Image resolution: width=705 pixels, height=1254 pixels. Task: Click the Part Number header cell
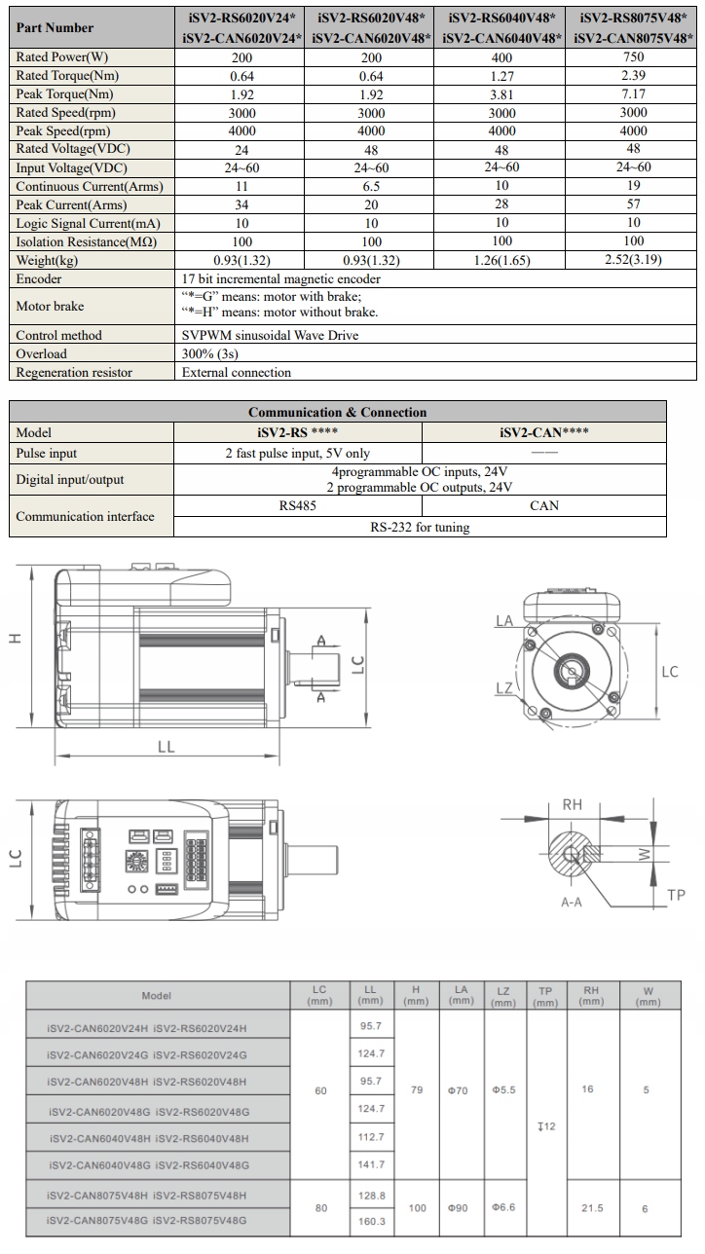tap(56, 28)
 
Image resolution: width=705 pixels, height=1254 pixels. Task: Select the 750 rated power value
tap(632, 57)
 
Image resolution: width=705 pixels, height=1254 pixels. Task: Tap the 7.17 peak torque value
tap(632, 94)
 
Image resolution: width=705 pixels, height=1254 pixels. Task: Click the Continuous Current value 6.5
tap(371, 186)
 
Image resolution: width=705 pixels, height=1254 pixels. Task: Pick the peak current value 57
tap(632, 204)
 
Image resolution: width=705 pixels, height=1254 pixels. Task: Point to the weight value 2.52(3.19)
tap(633, 260)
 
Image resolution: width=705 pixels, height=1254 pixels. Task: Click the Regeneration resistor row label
tap(74, 372)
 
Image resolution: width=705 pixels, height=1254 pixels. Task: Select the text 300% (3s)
tap(209, 353)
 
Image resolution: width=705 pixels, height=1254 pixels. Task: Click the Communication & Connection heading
tap(337, 412)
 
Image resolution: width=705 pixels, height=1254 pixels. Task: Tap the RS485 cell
tap(297, 506)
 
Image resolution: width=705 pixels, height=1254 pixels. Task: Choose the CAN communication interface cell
tap(543, 506)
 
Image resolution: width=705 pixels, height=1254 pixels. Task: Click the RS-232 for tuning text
tap(420, 527)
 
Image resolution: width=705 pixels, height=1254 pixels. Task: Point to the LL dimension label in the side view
tap(167, 746)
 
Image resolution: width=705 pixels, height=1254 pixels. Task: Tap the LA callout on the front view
tap(503, 619)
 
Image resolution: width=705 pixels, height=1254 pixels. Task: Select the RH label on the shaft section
tap(573, 804)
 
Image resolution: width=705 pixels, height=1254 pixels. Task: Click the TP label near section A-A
tap(676, 895)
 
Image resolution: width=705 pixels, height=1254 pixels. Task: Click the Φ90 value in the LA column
tap(458, 1208)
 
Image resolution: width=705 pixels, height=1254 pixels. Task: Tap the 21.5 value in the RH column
tap(591, 1208)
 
